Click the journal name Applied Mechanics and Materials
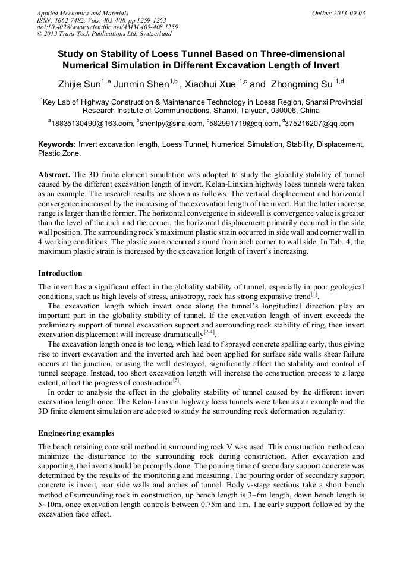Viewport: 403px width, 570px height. (x=82, y=12)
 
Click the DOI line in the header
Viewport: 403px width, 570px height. (x=107, y=27)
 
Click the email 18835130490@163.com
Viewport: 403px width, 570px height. (x=92, y=124)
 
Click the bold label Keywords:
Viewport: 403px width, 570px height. (x=57, y=144)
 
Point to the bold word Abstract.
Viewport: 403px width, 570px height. (x=53, y=175)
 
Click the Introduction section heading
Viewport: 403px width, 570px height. (x=60, y=273)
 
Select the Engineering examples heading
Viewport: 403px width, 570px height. (x=76, y=433)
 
